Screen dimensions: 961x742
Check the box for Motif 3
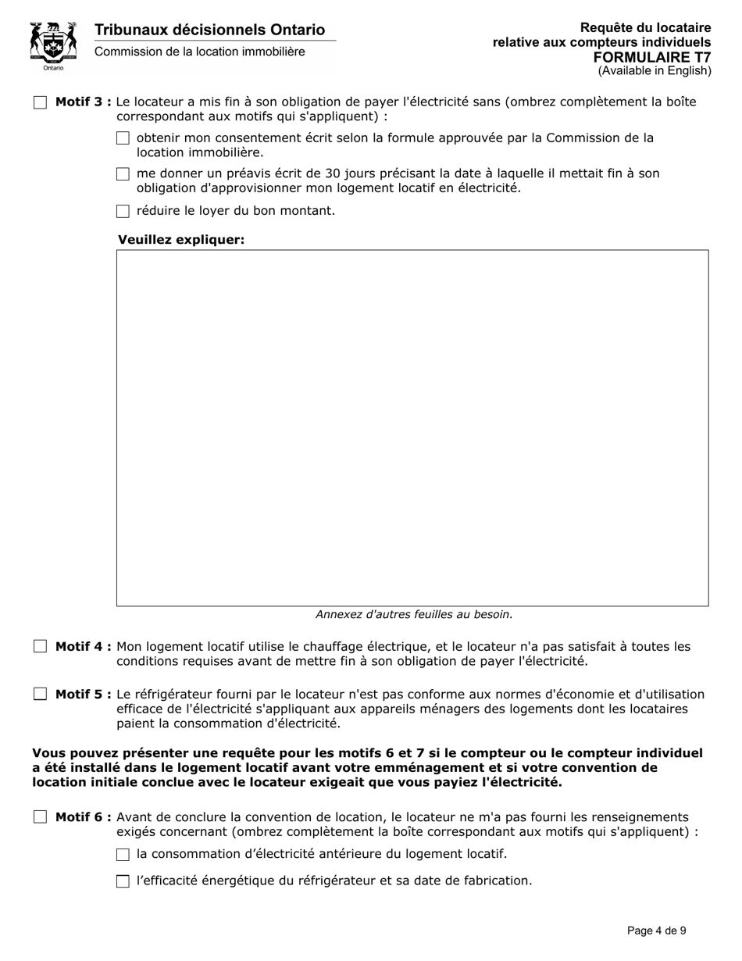(40, 102)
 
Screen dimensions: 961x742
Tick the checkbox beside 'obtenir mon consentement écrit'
(123, 138)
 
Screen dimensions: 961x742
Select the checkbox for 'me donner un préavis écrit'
(123, 174)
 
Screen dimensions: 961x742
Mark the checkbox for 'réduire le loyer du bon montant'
(123, 211)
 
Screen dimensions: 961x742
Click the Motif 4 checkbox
(40, 647)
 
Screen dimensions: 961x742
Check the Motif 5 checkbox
(40, 694)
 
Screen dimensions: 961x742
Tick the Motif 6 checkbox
(40, 817)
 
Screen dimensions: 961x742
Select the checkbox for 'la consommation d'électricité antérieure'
(123, 855)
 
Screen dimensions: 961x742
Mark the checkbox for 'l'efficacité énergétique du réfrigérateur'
(123, 881)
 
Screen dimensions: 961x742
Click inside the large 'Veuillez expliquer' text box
(412, 427)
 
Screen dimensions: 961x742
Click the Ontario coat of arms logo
(53, 45)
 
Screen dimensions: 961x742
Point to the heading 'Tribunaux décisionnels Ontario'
(209, 30)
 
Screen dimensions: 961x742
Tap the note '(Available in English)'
(655, 71)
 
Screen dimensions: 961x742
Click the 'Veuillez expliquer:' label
(181, 240)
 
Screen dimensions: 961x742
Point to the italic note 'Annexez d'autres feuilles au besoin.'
(414, 614)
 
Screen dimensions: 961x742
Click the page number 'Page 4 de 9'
(657, 931)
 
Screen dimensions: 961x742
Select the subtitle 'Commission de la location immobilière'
(200, 52)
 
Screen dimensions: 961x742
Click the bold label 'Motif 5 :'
(83, 694)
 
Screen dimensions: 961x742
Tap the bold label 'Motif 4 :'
(83, 647)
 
